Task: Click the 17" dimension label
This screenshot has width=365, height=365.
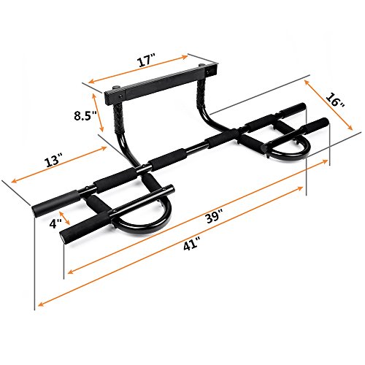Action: point(147,62)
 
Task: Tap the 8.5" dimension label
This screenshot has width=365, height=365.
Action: point(85,115)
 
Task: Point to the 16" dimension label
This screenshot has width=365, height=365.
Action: point(335,101)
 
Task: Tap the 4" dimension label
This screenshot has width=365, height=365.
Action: point(55,223)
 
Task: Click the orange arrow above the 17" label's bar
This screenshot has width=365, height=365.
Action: point(138,69)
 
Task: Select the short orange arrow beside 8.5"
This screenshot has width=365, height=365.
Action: point(98,112)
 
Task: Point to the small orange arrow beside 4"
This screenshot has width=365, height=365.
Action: point(65,218)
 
